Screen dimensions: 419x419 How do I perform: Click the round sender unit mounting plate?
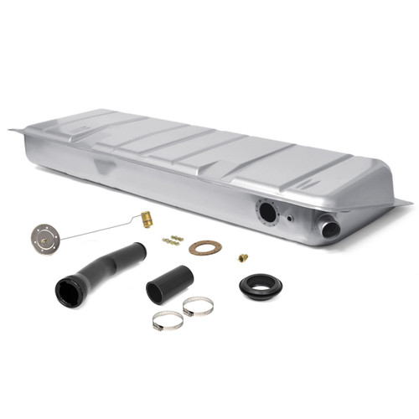tap(44, 237)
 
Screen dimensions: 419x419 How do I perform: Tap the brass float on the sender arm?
tap(146, 220)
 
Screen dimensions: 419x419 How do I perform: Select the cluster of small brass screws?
tap(173, 240)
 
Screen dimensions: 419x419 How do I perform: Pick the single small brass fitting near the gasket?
tap(244, 258)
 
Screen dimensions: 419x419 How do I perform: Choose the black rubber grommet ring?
tap(261, 286)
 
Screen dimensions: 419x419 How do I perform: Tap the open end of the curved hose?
tap(67, 292)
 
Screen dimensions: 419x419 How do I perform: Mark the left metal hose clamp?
tap(168, 320)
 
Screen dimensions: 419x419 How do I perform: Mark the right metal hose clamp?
tap(198, 307)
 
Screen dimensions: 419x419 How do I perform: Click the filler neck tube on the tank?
tap(328, 226)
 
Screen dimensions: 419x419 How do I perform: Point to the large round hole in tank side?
tap(267, 212)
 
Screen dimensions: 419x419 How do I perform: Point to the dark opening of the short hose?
tap(157, 292)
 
